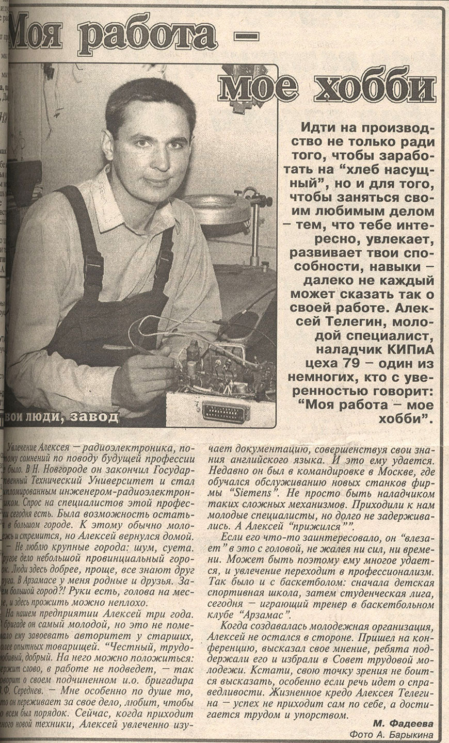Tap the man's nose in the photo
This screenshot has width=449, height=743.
149,147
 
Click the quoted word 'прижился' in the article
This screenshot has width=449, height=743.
320,527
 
